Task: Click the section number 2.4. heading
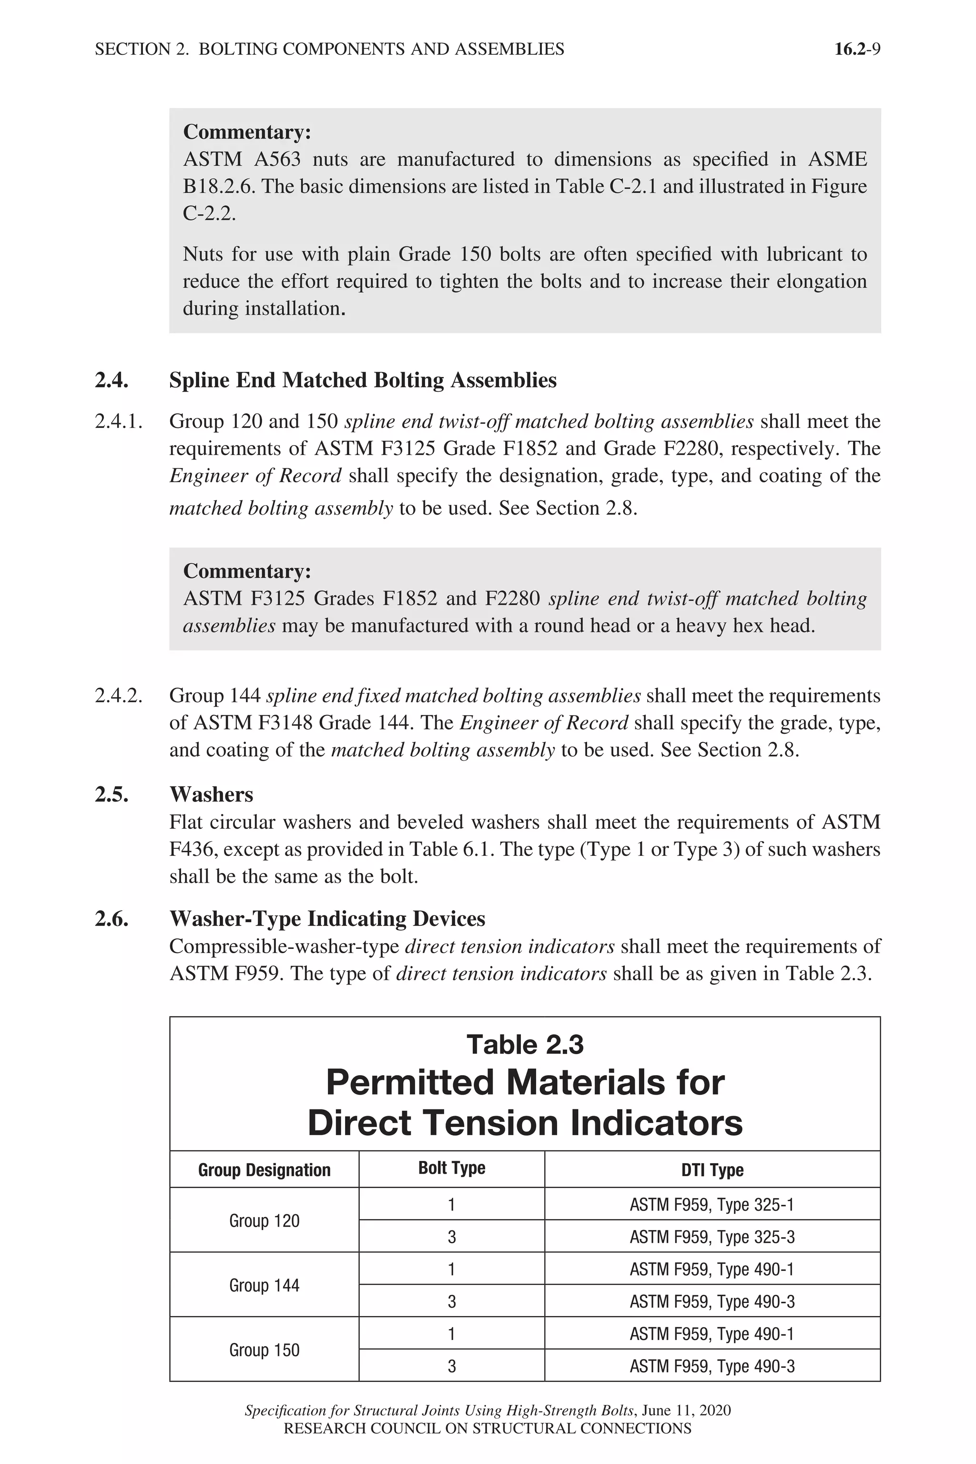point(112,380)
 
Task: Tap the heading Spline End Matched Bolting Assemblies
point(362,380)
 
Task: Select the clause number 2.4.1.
point(118,421)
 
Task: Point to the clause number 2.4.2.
point(118,695)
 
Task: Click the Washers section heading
point(211,794)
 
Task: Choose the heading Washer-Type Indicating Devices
point(327,919)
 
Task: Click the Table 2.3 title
point(525,1045)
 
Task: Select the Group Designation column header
point(264,1170)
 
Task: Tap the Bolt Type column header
point(451,1169)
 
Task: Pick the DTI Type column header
point(712,1170)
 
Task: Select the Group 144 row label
point(264,1285)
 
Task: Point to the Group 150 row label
point(264,1350)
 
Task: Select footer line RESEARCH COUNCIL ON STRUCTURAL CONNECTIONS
point(488,1429)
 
